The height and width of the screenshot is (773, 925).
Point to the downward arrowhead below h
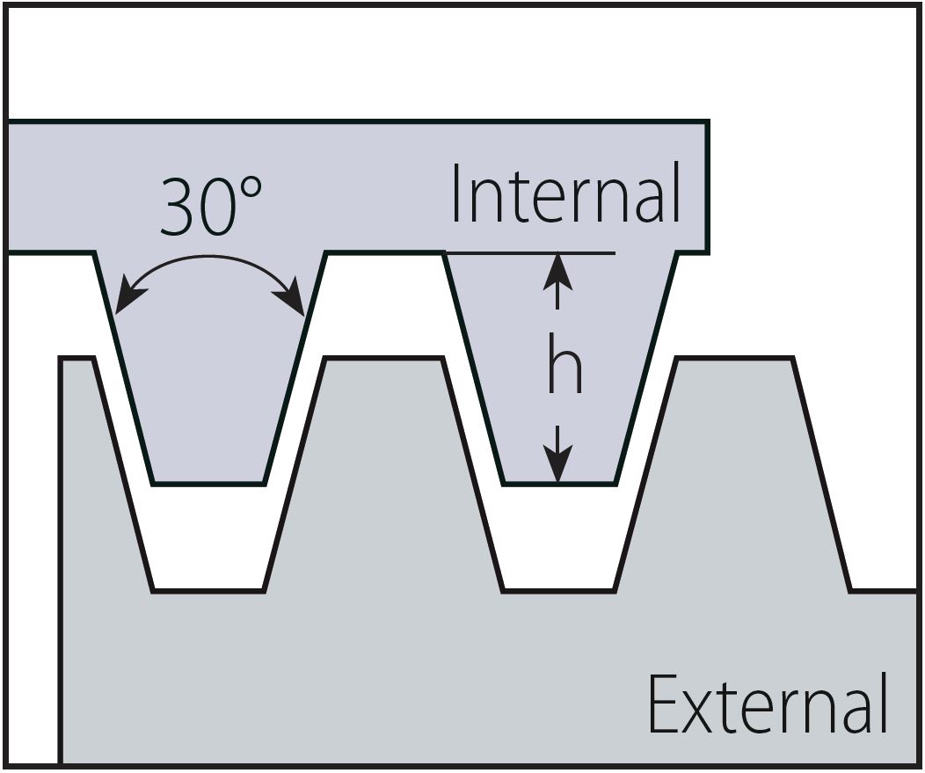pyautogui.click(x=557, y=469)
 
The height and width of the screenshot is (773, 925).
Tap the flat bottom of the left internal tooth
pyautogui.click(x=208, y=483)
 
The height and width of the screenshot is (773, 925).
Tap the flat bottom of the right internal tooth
pyautogui.click(x=558, y=483)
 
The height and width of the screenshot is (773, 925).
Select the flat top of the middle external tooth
pyautogui.click(x=383, y=358)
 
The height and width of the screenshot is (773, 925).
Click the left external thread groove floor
pyautogui.click(x=208, y=590)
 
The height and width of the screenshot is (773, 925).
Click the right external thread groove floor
pyautogui.click(x=558, y=590)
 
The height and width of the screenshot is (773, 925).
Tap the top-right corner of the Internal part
pyautogui.click(x=706, y=123)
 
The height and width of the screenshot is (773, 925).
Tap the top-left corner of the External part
pyautogui.click(x=62, y=359)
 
